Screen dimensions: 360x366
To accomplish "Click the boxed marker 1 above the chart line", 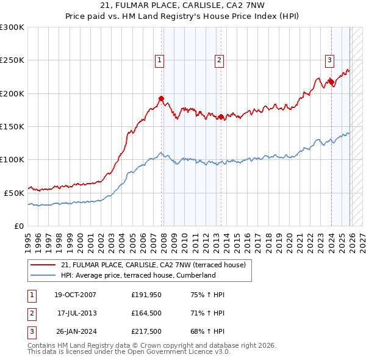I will tap(159, 60).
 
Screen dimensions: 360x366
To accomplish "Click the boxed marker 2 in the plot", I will tap(218, 60).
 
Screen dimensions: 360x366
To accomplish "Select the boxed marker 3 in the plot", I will tap(329, 60).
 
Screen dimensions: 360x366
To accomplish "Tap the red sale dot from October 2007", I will tap(162, 98).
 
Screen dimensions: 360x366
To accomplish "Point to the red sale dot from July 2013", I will tap(221, 117).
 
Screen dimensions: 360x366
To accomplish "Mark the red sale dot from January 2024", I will tap(331, 81).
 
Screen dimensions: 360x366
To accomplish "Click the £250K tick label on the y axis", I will tap(12, 60).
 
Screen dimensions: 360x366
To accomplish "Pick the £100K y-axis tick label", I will tap(12, 159).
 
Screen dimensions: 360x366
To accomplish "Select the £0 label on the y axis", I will tap(19, 226).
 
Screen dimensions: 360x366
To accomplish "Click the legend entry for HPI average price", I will tap(138, 275).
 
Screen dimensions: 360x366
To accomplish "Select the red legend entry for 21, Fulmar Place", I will tap(152, 265).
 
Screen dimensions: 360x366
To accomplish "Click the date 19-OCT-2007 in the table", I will tap(75, 295).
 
